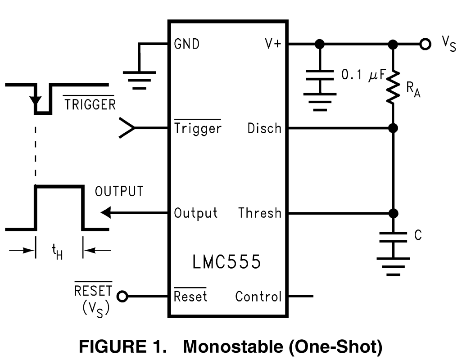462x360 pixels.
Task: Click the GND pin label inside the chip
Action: [x=187, y=44]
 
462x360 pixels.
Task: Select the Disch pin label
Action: [x=264, y=128]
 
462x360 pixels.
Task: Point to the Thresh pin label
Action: [x=260, y=212]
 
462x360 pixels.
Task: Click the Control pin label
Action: [x=258, y=297]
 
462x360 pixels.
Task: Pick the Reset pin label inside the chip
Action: [x=190, y=297]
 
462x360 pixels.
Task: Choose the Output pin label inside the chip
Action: [x=196, y=212]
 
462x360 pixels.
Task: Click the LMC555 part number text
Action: [x=226, y=262]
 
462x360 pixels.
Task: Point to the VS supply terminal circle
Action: [x=424, y=44]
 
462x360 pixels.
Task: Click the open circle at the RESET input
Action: [x=122, y=297]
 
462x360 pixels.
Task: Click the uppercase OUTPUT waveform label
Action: [x=119, y=191]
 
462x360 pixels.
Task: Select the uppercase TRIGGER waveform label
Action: [x=89, y=104]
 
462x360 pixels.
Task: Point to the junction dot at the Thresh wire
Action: [x=393, y=212]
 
